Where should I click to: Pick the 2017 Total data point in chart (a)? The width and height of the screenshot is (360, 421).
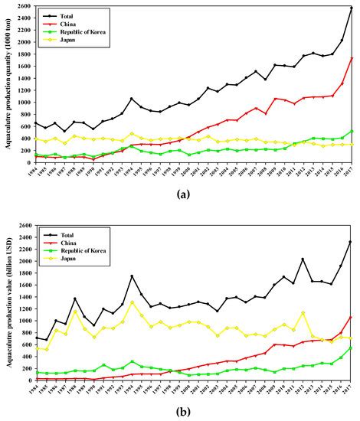351,8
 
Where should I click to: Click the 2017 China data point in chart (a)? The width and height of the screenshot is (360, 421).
351,58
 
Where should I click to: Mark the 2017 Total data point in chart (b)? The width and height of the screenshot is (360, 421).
351,242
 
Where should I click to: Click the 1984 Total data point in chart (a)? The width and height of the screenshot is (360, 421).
35,122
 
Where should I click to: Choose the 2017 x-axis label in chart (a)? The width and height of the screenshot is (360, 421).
351,175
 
